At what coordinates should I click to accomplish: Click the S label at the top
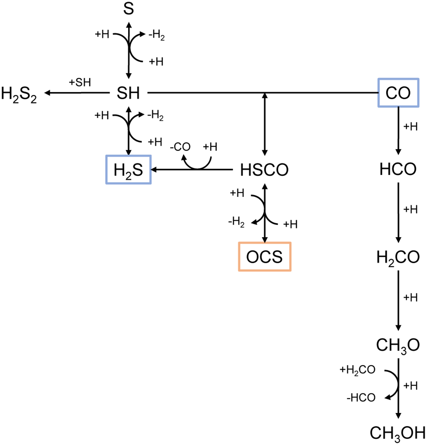(x=128, y=9)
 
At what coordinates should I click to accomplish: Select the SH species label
(x=128, y=93)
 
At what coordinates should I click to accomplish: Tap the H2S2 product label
(x=19, y=94)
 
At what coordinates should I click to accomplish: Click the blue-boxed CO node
(x=398, y=93)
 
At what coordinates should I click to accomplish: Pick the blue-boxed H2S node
(x=128, y=170)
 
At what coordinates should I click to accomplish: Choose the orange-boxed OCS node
(x=265, y=257)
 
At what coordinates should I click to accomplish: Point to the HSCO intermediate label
(x=264, y=170)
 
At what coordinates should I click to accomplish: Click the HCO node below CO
(x=398, y=169)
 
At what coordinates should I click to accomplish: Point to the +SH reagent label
(x=80, y=82)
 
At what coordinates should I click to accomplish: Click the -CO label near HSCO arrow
(x=180, y=147)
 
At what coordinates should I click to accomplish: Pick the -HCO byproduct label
(x=361, y=398)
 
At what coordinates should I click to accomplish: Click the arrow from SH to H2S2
(x=77, y=93)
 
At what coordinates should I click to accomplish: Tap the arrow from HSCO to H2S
(x=192, y=170)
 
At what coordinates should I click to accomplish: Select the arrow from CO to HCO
(x=399, y=131)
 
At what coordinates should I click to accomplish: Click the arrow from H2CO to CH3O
(x=399, y=300)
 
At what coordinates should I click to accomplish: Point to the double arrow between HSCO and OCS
(x=265, y=213)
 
